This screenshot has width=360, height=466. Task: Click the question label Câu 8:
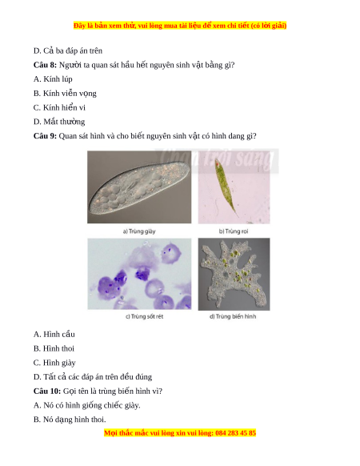pos(45,65)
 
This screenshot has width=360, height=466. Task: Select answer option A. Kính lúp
pos(53,79)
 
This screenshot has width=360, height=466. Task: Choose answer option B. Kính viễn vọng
pos(65,94)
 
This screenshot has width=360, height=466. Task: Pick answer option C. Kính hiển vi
pos(59,107)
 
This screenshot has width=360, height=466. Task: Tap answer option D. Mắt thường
pos(59,122)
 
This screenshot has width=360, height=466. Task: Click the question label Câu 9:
pos(45,136)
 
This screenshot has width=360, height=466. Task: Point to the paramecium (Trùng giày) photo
pos(139,187)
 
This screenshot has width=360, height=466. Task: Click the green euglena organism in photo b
pos(226,187)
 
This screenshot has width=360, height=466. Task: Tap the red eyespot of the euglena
pos(218,163)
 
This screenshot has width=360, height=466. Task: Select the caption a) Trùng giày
pos(139,231)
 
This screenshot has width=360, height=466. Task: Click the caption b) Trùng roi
pos(234,231)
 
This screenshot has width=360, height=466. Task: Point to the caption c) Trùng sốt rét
pos(144,316)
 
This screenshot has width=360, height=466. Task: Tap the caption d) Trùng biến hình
pos(233,316)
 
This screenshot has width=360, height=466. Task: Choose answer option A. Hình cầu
pos(54,335)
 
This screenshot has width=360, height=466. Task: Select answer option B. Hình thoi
pos(54,348)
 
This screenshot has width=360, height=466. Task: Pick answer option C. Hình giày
pos(54,363)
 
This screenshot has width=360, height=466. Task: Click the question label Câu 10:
pos(47,391)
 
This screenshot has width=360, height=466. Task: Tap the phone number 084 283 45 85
pos(235,432)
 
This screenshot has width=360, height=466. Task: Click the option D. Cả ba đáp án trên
pos(68,50)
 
